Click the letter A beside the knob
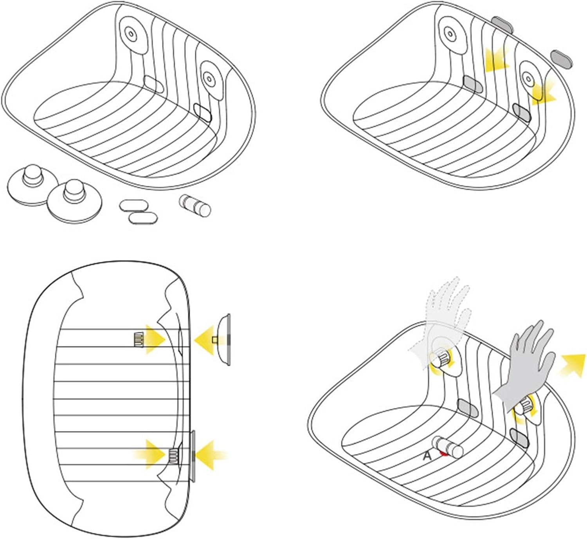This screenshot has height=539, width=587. pyautogui.click(x=427, y=456)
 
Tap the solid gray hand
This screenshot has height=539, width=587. pyautogui.click(x=524, y=366)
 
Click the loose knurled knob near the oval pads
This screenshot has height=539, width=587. pyautogui.click(x=195, y=206)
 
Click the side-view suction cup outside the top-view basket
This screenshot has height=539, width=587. pyautogui.click(x=224, y=339)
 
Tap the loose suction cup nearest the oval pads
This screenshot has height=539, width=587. pyautogui.click(x=74, y=200)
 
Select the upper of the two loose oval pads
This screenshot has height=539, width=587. pyautogui.click(x=133, y=205)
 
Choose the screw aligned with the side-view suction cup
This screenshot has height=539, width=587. pyautogui.click(x=139, y=340)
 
